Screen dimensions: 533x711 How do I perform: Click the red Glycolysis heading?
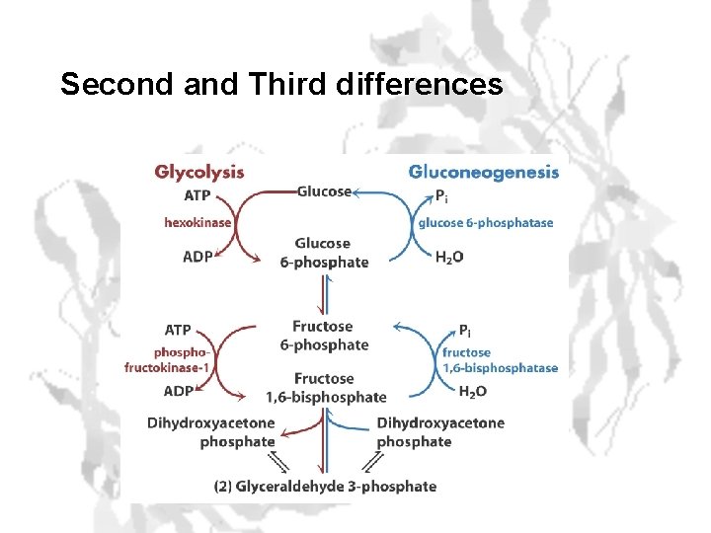tap(198, 172)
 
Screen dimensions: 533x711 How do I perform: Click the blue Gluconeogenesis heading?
tap(484, 172)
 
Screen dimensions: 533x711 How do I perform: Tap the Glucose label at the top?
tap(324, 191)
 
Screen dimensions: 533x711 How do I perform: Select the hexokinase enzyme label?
tap(197, 222)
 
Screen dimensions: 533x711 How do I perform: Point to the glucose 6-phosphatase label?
tap(485, 222)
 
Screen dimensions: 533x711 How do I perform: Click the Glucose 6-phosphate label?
tap(323, 253)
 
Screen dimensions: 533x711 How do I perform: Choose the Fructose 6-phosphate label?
tap(323, 336)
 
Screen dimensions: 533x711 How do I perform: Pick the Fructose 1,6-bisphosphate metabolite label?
tap(325, 388)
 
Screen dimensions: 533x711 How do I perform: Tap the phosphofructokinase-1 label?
tap(167, 360)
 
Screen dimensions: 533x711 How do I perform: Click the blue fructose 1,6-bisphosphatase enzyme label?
tap(500, 360)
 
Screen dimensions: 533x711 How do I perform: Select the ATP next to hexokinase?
tap(197, 196)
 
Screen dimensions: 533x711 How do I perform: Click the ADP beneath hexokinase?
tap(197, 256)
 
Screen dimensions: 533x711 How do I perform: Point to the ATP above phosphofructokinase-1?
tap(178, 329)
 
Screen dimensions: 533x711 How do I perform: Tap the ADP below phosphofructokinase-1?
tap(178, 391)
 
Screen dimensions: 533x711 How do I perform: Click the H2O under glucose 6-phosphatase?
tap(450, 258)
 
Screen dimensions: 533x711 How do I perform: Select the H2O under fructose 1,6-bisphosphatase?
tap(473, 391)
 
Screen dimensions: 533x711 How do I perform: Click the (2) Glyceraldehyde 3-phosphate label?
tap(325, 486)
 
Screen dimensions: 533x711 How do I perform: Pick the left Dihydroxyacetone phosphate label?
tap(210, 432)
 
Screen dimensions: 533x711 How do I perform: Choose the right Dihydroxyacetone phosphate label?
tap(439, 432)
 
